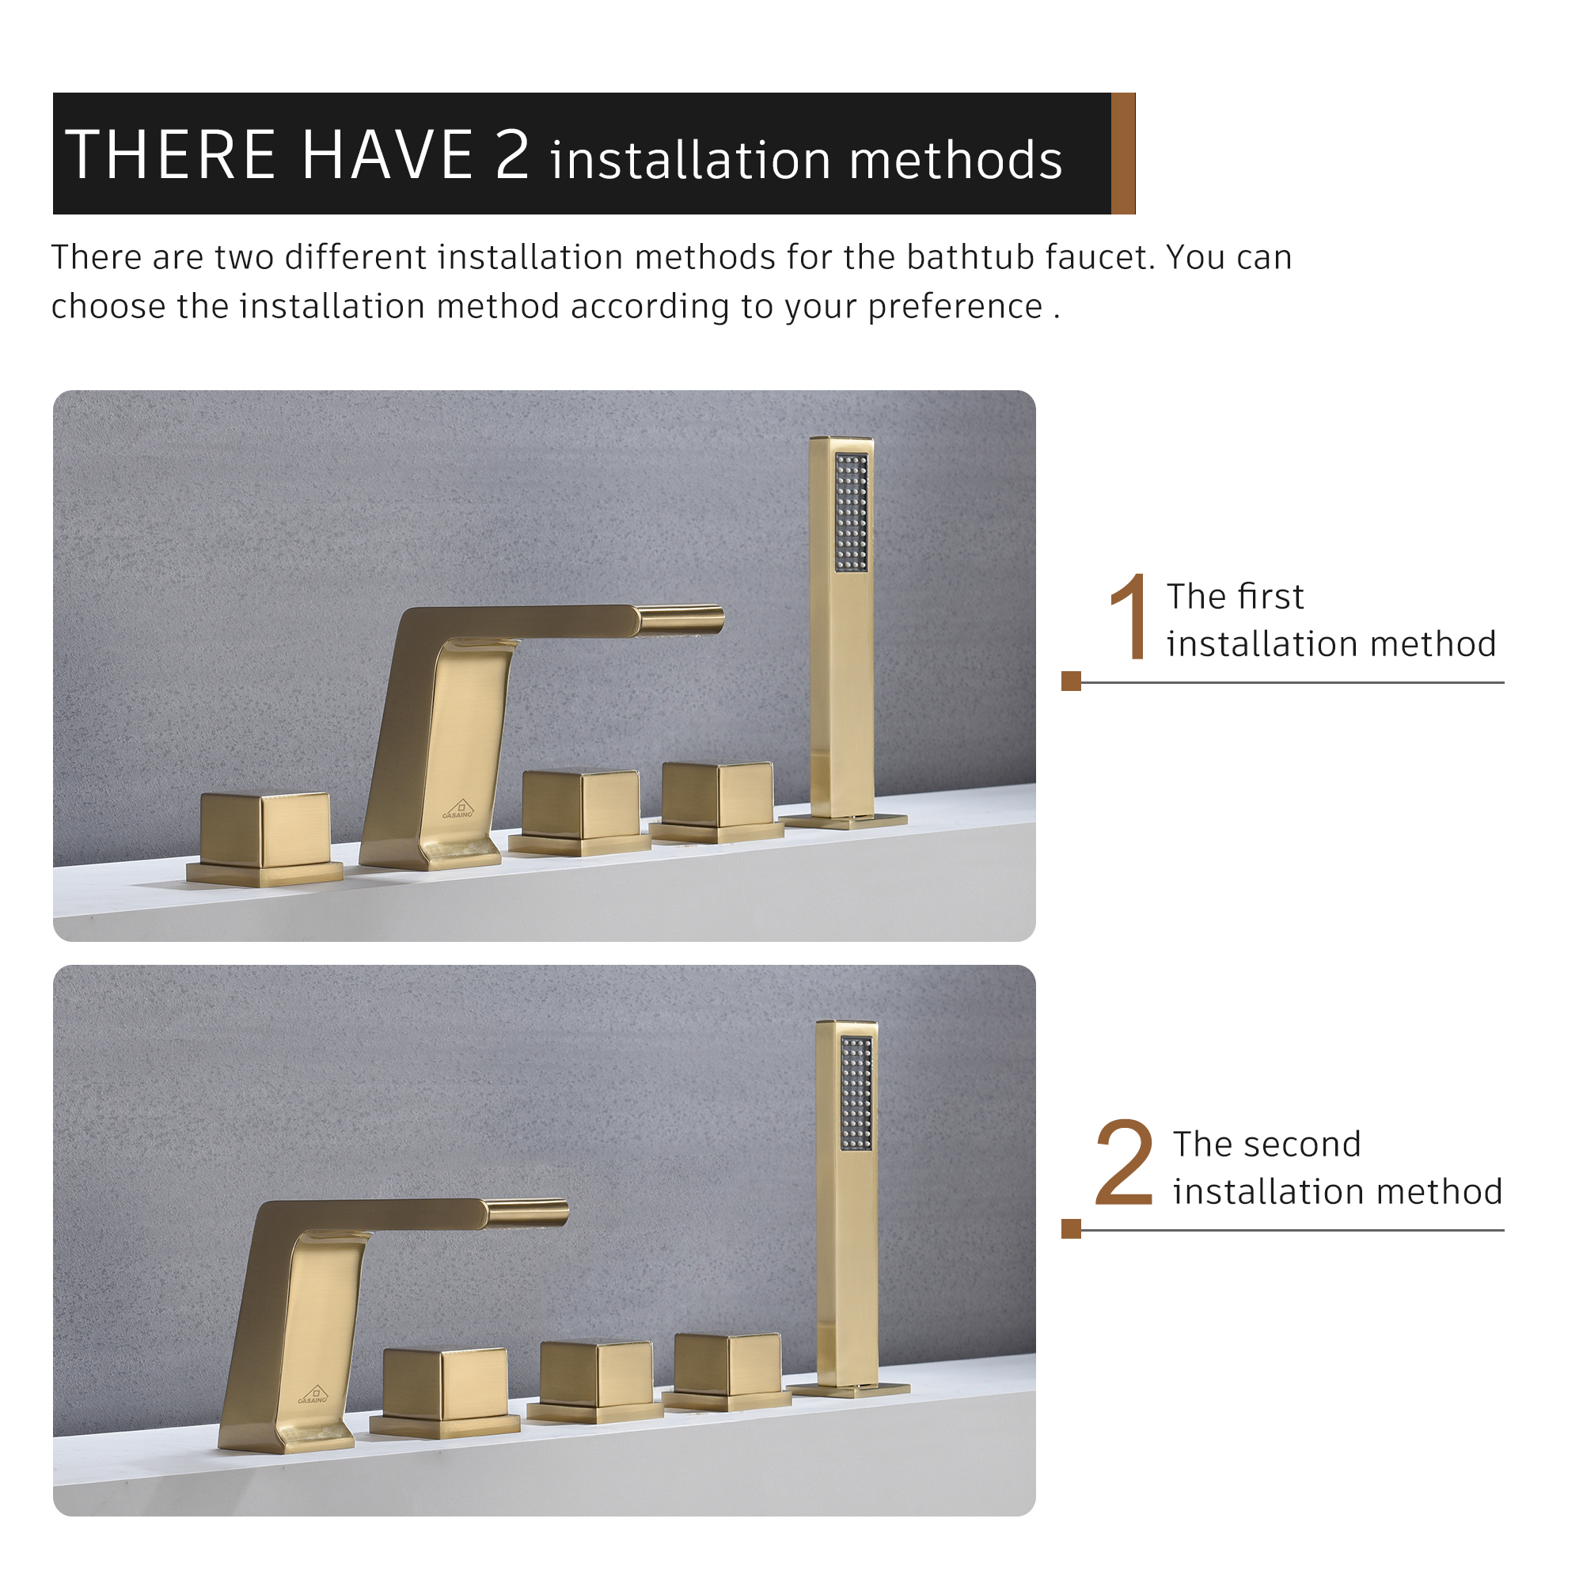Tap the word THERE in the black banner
click(x=170, y=155)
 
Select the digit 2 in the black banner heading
click(x=512, y=155)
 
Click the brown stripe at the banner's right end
click(x=1122, y=154)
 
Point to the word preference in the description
click(x=955, y=306)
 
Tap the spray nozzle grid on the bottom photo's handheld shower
click(x=856, y=1093)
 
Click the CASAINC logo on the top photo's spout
click(x=458, y=810)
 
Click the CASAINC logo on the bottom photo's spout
click(x=313, y=1395)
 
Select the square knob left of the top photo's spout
click(x=264, y=831)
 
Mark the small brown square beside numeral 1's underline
click(x=1071, y=681)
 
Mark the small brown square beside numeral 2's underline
click(x=1071, y=1228)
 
